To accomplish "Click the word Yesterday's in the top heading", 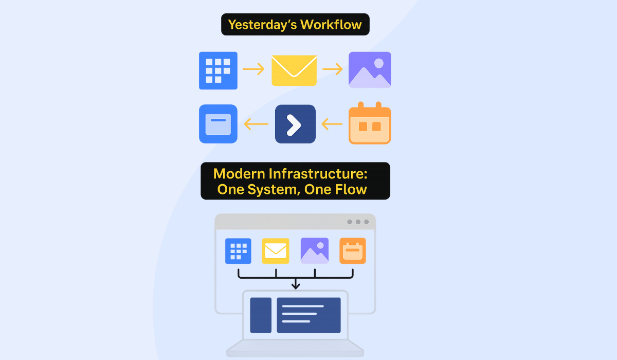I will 262,25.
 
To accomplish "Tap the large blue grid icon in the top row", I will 218,70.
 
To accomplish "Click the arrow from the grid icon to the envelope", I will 253,69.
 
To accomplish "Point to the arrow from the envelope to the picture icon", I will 332,69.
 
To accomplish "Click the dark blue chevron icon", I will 295,124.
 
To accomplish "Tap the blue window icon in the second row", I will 218,124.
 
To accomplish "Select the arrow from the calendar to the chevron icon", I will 332,123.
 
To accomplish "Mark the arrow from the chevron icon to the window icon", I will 256,123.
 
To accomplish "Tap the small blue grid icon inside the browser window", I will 238,251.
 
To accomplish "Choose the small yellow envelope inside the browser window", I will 276,251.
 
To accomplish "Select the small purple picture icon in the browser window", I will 315,251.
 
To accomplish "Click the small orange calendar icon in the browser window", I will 353,251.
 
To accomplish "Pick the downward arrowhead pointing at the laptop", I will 296,284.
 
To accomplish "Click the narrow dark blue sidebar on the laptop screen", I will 261,315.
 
